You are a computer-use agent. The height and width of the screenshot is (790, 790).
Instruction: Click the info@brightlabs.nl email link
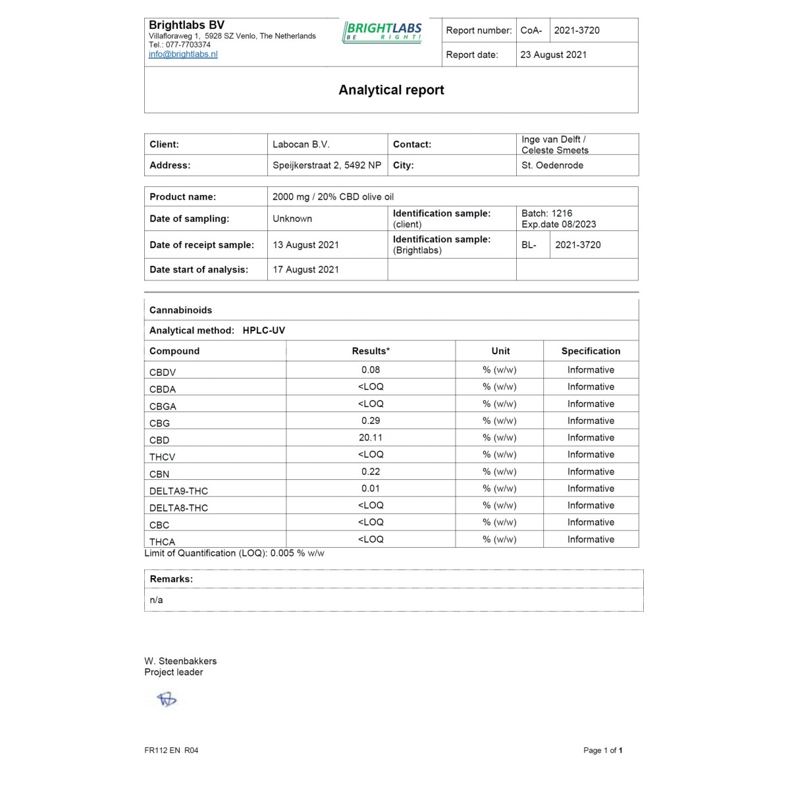(183, 55)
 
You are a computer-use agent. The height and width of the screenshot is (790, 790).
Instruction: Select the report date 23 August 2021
(553, 55)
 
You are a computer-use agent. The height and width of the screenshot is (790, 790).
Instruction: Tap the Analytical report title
(391, 90)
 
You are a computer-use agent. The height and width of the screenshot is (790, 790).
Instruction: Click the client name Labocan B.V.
(301, 144)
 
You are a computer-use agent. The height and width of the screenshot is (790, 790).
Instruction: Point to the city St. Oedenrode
(552, 165)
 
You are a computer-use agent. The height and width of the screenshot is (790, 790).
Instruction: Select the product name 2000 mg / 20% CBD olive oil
(333, 197)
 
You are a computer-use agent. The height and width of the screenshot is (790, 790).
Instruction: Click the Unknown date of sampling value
(292, 219)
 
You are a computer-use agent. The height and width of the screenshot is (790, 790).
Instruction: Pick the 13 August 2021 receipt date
(305, 245)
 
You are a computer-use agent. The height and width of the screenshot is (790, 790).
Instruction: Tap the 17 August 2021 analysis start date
(305, 269)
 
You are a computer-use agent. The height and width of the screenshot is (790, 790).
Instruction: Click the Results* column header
(371, 351)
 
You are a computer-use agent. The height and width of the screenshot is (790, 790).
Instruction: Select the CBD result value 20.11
(371, 438)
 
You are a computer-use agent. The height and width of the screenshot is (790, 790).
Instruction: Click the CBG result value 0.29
(371, 421)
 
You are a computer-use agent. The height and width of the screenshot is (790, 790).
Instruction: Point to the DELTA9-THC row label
(178, 491)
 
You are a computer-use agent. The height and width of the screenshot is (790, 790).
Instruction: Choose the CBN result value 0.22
(371, 471)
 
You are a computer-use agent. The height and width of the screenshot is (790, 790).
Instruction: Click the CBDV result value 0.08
(371, 370)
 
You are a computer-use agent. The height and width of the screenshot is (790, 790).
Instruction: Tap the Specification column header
(591, 351)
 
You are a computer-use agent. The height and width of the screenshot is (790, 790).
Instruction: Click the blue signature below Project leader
(167, 699)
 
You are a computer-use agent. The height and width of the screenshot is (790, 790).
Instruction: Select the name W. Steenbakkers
(180, 661)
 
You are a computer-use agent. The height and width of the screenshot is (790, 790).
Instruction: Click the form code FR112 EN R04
(171, 750)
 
